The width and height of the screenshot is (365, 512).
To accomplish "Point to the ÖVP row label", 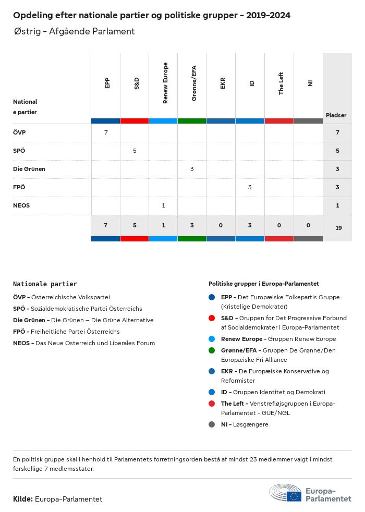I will (19, 133).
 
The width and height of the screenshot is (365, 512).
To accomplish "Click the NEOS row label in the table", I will (21, 205).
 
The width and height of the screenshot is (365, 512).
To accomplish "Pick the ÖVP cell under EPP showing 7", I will (106, 133).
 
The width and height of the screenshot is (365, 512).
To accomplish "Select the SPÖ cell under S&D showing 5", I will (135, 151).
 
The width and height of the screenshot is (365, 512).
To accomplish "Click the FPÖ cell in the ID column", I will (250, 187).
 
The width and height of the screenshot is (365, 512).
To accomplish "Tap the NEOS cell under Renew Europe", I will (163, 205).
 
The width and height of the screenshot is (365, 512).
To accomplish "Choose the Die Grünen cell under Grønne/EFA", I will (192, 169).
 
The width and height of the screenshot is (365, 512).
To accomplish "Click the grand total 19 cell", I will (338, 228).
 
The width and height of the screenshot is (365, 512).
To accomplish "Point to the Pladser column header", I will (336, 115).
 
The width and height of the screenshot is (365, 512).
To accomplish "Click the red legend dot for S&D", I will (212, 318).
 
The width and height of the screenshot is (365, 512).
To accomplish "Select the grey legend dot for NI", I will (212, 424).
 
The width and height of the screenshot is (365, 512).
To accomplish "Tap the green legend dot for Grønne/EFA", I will (212, 350).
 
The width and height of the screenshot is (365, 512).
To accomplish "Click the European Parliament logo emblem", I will (285, 493).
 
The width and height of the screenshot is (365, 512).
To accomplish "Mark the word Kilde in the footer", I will (23, 499).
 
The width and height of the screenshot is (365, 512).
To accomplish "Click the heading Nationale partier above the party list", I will (45, 284).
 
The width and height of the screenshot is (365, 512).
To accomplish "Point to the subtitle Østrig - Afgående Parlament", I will (75, 31).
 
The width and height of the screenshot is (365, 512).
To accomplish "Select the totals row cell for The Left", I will (279, 225).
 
